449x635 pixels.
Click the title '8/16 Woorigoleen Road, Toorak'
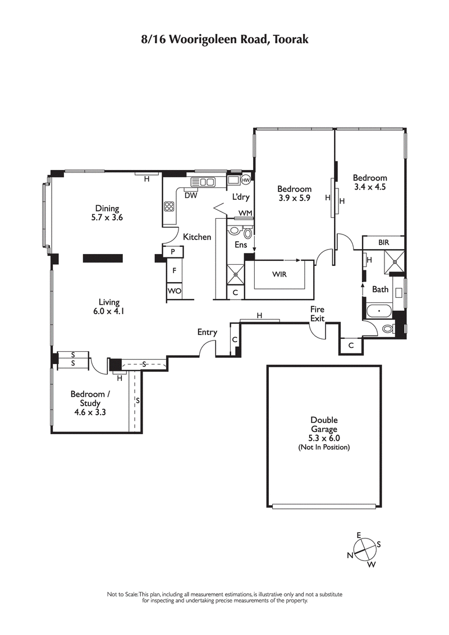point(224,40)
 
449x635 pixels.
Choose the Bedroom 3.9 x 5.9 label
point(294,194)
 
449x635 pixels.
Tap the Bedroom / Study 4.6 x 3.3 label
point(90,403)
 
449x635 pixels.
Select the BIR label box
point(383,242)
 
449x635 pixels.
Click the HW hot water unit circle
point(246,180)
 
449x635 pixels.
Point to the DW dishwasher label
point(190,196)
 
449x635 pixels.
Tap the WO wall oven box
point(174,291)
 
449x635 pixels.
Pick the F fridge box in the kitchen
point(175,271)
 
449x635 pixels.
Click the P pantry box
point(173,252)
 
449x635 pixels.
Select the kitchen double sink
point(203,182)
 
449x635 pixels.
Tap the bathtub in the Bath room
point(380,310)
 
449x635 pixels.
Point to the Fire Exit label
point(318,313)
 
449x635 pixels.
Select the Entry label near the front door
point(207,332)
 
